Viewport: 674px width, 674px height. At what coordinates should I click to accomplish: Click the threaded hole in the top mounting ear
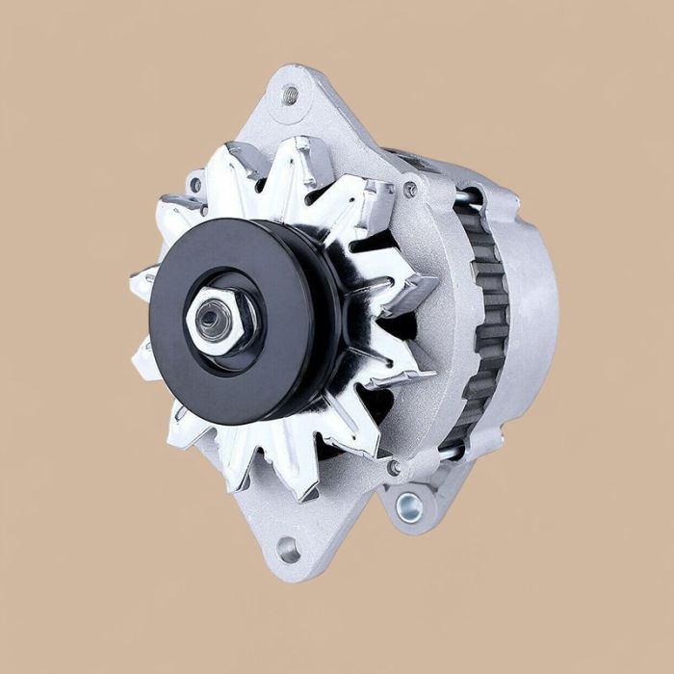pyautogui.click(x=290, y=94)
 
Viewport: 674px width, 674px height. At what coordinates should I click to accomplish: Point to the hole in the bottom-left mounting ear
pyautogui.click(x=287, y=550)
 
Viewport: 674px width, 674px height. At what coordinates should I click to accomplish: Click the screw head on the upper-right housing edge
pyautogui.click(x=411, y=190)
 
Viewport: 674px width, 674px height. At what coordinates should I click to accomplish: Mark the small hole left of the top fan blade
pyautogui.click(x=196, y=183)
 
